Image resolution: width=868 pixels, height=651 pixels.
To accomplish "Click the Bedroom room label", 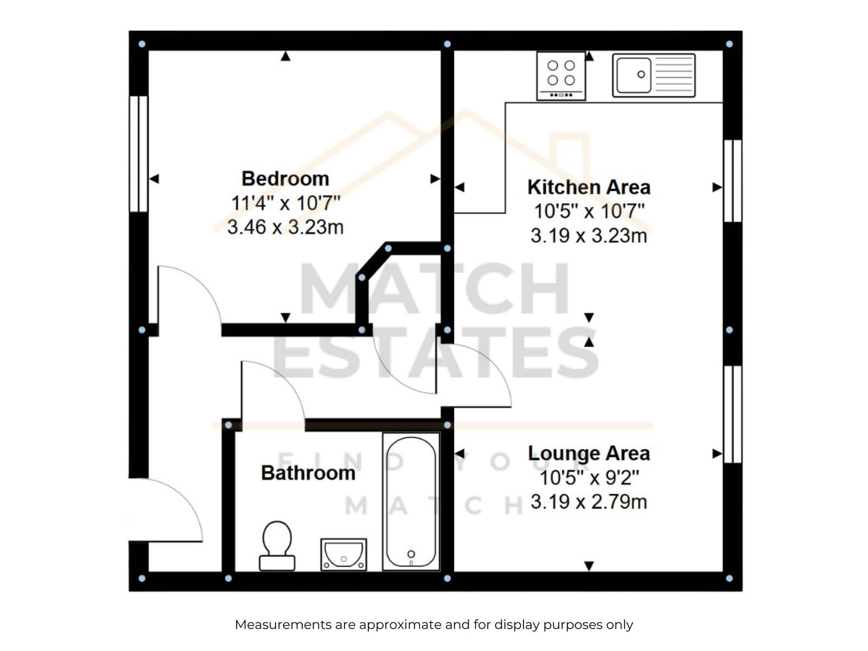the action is [285, 178].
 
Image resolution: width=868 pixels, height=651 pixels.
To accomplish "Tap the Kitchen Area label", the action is [589, 187].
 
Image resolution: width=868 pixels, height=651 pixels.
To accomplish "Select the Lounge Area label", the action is [589, 454].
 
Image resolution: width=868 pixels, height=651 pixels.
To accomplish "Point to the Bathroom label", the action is [308, 473].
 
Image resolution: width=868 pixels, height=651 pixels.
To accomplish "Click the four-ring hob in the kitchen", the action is [561, 76].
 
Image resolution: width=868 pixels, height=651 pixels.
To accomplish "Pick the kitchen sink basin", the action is [634, 75].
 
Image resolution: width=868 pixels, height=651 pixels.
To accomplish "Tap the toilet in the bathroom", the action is [277, 546].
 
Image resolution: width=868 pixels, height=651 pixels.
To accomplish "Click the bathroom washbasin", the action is [343, 554].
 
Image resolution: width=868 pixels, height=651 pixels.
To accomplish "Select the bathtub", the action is [411, 502].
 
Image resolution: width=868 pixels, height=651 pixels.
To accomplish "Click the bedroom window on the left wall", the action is [138, 154].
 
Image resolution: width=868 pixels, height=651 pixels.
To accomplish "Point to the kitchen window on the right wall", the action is [732, 181].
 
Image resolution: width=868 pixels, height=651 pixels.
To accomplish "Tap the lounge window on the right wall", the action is [732, 414].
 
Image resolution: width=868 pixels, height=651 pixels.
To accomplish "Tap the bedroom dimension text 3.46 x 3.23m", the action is [285, 227].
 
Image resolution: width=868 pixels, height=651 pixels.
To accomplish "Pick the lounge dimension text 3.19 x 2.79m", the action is [589, 502].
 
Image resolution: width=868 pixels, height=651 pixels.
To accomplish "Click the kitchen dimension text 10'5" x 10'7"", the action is [589, 211].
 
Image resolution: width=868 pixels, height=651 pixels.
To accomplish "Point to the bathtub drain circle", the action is [411, 554].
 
